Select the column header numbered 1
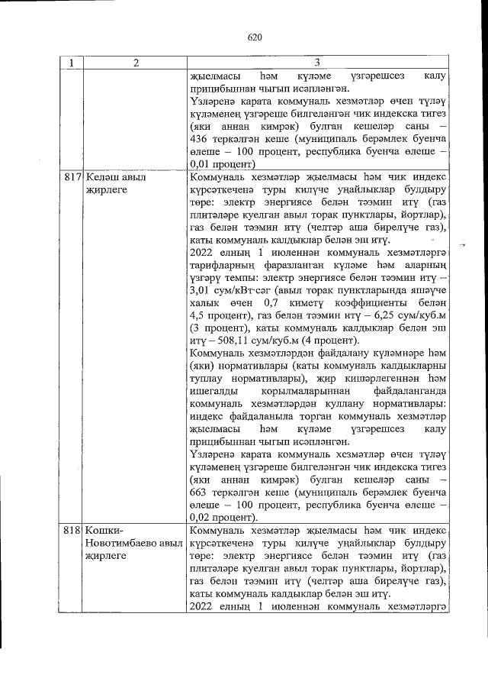(71, 63)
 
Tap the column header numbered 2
(135, 63)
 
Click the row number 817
(72, 177)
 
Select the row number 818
(72, 530)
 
